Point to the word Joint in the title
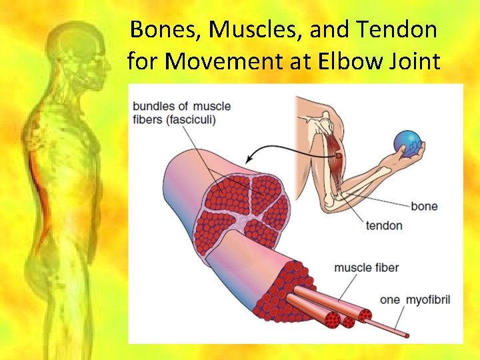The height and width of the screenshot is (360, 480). pos(417,62)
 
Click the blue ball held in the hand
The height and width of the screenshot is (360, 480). pos(408,143)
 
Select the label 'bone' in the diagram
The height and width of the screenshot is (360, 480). pos(424,206)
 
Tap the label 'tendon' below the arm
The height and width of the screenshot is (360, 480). pos(384,225)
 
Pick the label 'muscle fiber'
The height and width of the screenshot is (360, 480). pos(366,268)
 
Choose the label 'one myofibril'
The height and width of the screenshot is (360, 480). pos(415,300)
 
